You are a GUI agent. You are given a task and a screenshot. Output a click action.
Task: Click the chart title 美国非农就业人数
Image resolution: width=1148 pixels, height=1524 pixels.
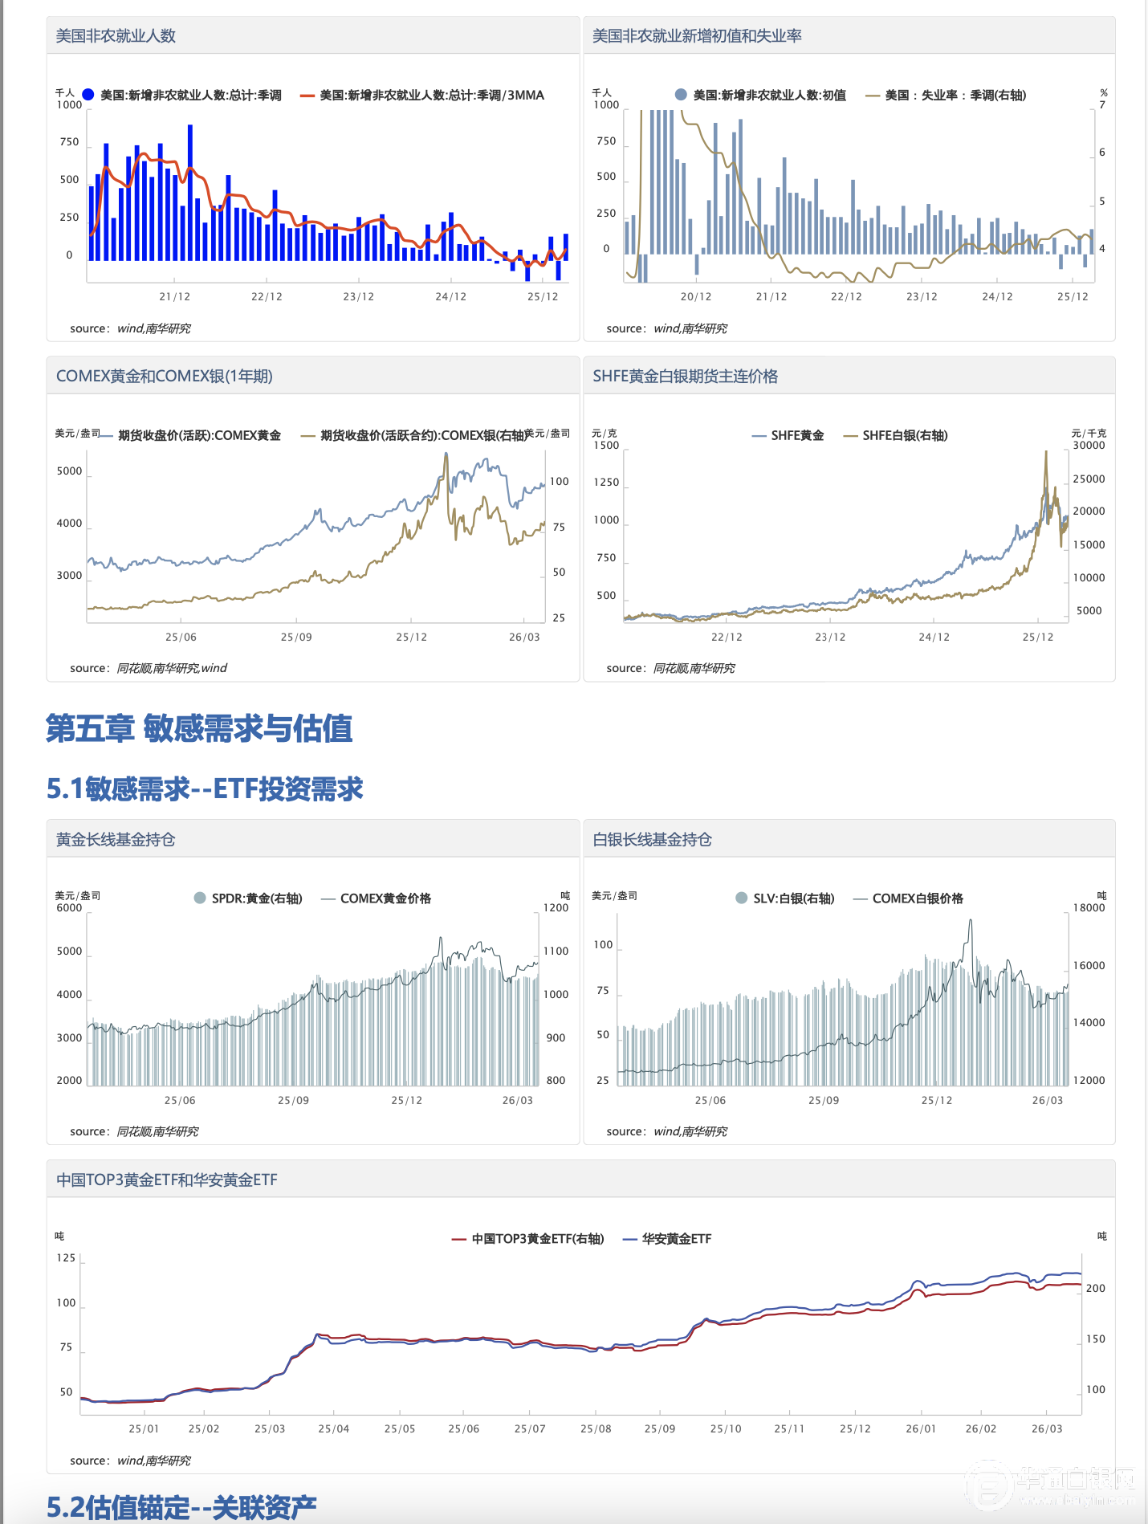116,36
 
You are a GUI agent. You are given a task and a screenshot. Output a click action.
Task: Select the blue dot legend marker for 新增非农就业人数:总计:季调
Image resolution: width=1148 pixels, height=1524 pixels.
88,95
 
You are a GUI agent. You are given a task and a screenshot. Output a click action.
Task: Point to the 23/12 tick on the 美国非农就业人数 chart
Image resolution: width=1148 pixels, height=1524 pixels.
358,296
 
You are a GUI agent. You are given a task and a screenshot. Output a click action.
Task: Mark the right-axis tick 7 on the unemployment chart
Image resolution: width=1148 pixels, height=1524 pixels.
1102,105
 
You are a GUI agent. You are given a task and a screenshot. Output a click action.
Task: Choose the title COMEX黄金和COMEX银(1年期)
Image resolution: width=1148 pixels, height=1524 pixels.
165,376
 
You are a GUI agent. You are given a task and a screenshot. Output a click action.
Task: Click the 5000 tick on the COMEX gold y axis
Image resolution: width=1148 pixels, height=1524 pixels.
70,471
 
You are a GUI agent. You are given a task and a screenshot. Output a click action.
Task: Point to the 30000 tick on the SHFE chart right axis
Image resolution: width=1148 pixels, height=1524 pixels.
1089,446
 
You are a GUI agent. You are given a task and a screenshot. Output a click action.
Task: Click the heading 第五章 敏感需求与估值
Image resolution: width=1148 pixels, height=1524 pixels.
199,728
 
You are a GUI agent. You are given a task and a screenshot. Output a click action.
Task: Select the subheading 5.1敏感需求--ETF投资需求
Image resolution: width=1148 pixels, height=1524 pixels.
205,788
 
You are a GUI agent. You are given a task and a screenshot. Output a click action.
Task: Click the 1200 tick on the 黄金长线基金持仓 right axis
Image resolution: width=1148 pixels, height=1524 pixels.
556,908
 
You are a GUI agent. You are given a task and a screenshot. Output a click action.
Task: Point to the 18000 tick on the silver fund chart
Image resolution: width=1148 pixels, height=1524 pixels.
1089,908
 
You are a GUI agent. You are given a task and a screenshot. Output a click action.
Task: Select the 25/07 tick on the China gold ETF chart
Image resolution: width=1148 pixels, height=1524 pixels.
530,1428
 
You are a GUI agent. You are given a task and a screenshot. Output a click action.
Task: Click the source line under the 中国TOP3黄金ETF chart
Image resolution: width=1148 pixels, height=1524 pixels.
130,1461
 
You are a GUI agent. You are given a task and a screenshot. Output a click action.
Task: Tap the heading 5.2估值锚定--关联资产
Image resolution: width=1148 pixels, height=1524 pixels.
181,1507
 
